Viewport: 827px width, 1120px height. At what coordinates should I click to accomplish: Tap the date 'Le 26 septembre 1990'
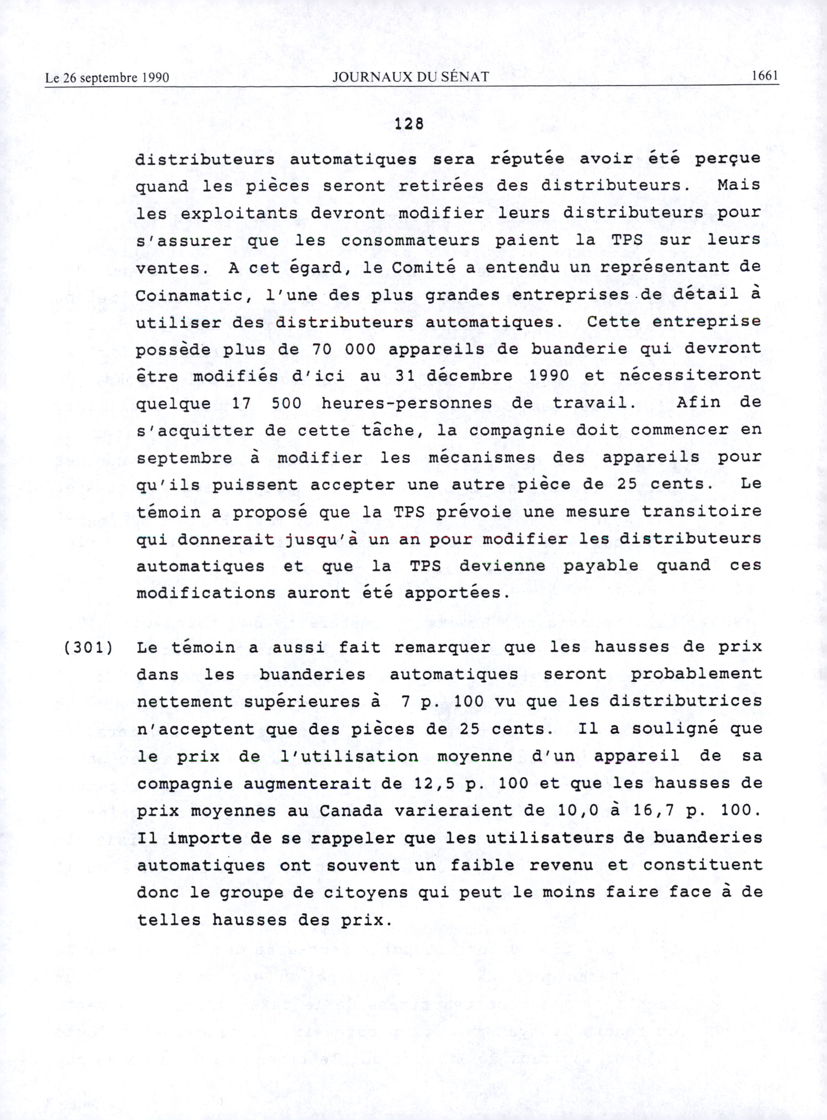click(x=107, y=78)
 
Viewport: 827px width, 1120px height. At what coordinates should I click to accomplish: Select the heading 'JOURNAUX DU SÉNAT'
click(x=410, y=77)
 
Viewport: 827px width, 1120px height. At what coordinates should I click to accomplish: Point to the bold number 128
click(x=409, y=124)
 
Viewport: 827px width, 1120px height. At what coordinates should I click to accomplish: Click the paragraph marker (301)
click(x=88, y=647)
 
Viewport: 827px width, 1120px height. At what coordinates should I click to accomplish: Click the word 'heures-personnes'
click(x=406, y=403)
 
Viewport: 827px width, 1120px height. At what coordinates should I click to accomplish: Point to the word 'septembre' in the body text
click(x=185, y=458)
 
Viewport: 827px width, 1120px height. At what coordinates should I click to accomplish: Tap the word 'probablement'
click(x=696, y=674)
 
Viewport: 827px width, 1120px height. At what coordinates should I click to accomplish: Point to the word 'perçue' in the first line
click(x=727, y=159)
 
